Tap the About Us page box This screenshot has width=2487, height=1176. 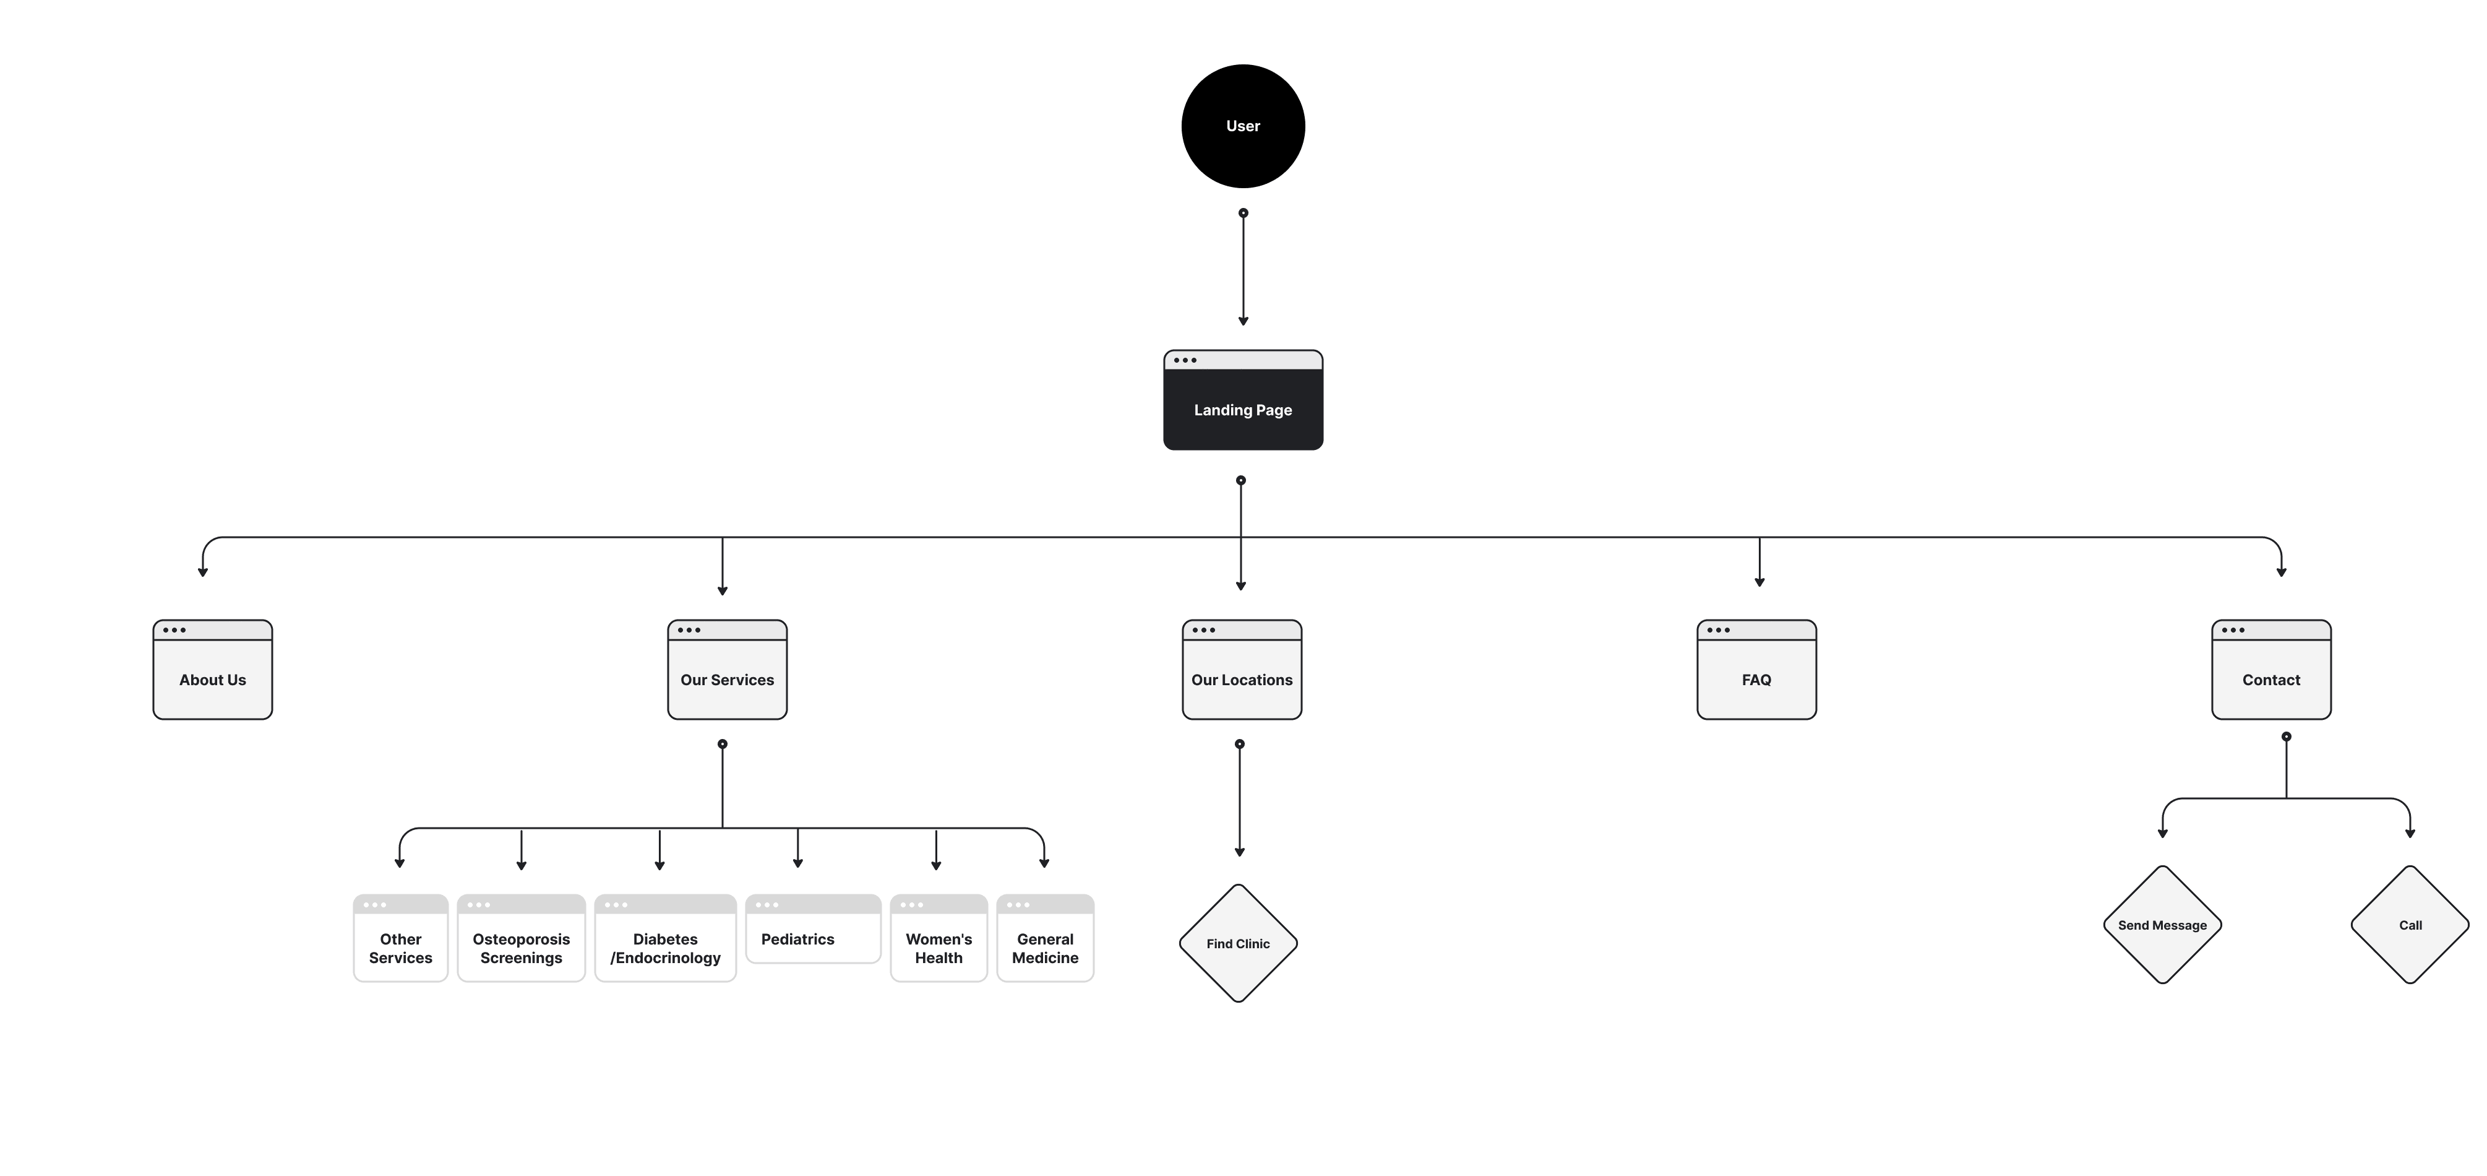point(212,670)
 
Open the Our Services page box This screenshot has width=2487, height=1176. point(727,670)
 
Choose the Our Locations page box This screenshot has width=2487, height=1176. point(1242,670)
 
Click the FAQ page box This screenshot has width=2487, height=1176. point(1756,670)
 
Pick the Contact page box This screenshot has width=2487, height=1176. point(2270,670)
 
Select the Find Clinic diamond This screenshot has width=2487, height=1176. point(1238,943)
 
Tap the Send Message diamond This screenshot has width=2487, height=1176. point(2163,925)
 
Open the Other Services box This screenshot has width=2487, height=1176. point(401,938)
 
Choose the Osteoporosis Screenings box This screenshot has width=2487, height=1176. point(522,938)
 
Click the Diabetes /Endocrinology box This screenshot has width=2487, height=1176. point(665,938)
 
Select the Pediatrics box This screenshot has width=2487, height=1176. point(813,929)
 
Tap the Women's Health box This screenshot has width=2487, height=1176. point(939,938)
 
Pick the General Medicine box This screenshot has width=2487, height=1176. point(1045,938)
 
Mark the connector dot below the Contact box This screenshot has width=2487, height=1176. point(2286,737)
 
